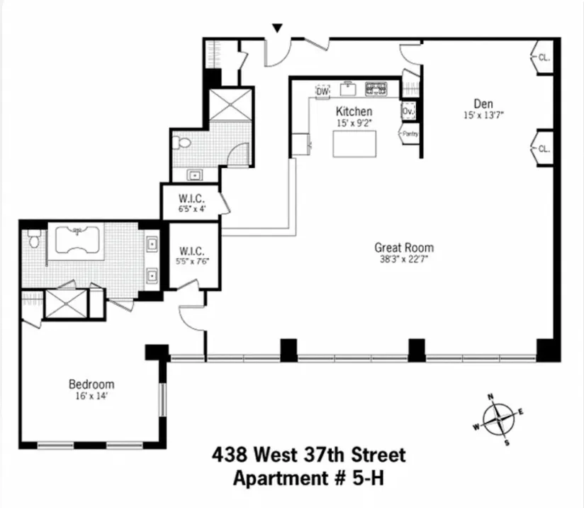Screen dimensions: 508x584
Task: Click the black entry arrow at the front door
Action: (x=278, y=28)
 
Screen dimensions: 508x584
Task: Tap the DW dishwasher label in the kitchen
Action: (x=322, y=92)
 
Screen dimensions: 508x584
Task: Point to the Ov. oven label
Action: (x=408, y=112)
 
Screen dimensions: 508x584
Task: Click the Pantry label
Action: (x=410, y=133)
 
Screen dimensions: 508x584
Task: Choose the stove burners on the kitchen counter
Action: (x=376, y=89)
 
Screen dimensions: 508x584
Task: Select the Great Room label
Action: (x=404, y=248)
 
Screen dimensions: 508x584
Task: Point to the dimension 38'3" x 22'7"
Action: (x=404, y=260)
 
